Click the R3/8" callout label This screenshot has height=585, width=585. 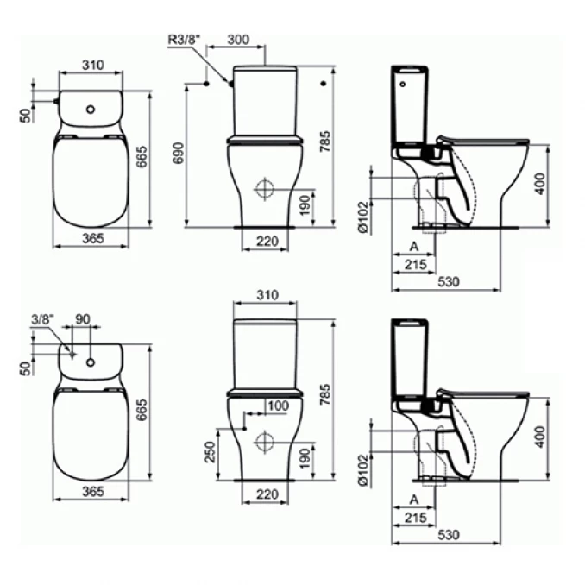coord(184,39)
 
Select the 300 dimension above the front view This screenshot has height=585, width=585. coord(238,39)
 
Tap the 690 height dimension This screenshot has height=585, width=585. coord(179,153)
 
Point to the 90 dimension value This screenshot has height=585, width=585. coord(83,319)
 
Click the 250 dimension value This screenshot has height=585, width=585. coord(211,452)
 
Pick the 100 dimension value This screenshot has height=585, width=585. coord(279,406)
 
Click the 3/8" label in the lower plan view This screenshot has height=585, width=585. coord(42,319)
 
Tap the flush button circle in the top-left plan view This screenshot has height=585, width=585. coord(91,110)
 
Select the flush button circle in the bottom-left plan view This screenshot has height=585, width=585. coord(91,362)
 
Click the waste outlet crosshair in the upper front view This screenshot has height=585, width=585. coord(265,189)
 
